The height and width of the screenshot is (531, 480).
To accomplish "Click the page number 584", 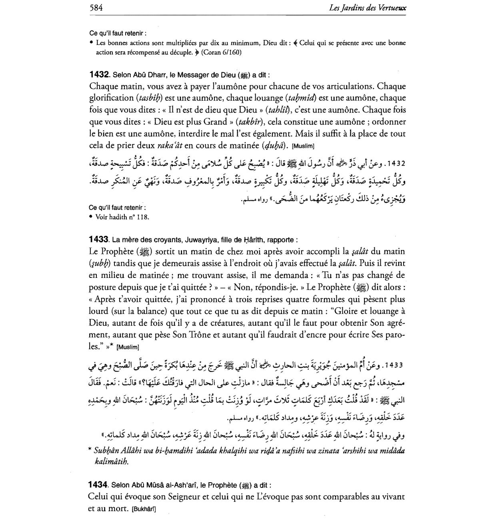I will (96, 8).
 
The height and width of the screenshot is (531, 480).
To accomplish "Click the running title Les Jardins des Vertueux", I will (366, 8).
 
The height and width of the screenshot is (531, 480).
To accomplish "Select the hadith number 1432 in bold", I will (99, 74).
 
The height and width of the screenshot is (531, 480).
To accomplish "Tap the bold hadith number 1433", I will (99, 240).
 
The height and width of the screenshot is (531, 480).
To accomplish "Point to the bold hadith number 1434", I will (98, 485).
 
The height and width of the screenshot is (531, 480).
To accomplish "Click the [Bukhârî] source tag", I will (143, 509).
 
